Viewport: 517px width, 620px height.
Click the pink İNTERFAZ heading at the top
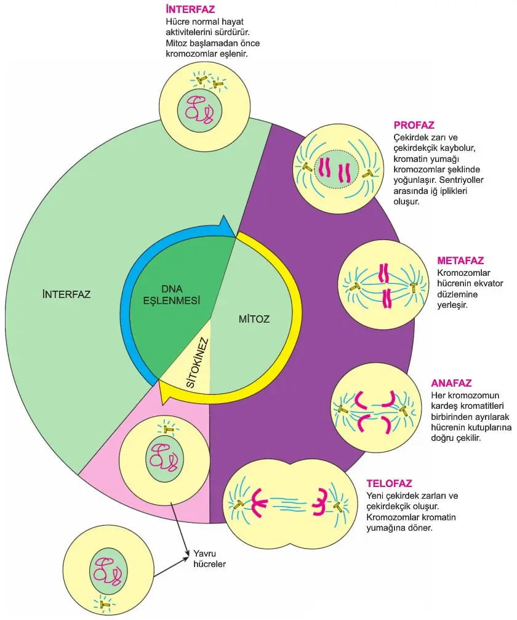(190, 9)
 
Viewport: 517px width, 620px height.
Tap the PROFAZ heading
(414, 126)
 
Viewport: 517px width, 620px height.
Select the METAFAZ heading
(460, 260)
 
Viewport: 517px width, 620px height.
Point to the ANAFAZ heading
(451, 383)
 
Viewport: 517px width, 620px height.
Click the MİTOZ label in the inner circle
(254, 319)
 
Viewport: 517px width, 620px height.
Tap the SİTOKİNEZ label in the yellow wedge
(197, 363)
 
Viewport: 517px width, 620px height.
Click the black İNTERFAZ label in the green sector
(66, 294)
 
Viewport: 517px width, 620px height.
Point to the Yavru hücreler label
(209, 558)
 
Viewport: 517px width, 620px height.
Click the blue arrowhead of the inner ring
(226, 227)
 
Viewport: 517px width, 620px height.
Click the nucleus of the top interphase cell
(199, 111)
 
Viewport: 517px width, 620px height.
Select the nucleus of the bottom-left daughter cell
(108, 571)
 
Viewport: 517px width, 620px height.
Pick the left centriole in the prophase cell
(308, 167)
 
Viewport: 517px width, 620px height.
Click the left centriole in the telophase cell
(239, 504)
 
